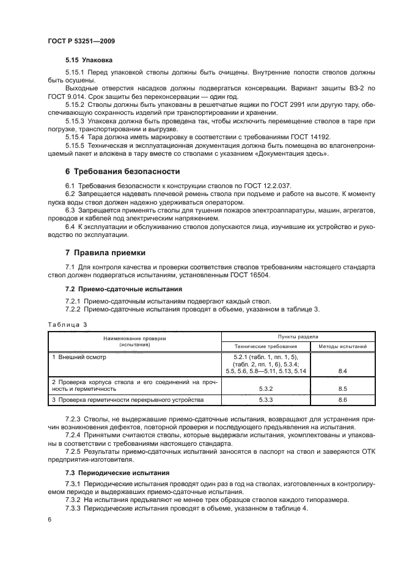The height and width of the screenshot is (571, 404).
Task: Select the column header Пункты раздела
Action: (297, 336)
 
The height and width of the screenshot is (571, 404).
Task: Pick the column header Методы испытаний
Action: (342, 346)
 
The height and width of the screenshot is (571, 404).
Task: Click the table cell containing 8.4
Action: (342, 371)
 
